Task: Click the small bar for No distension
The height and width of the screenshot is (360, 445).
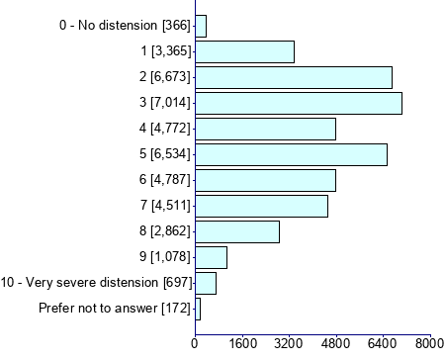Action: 201,26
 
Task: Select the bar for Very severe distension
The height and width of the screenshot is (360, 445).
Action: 206,283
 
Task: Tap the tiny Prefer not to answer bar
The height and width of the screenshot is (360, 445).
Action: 198,309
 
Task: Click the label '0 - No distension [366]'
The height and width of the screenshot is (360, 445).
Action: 125,26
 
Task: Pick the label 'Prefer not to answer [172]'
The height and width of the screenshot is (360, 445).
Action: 114,309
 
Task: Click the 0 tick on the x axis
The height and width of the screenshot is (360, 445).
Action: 195,344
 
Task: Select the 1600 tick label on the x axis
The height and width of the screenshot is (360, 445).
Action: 241,344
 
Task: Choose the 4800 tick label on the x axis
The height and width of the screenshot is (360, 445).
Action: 336,344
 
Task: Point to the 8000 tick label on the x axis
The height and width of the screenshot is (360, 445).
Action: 429,344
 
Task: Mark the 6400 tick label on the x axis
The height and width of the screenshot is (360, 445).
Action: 383,344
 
